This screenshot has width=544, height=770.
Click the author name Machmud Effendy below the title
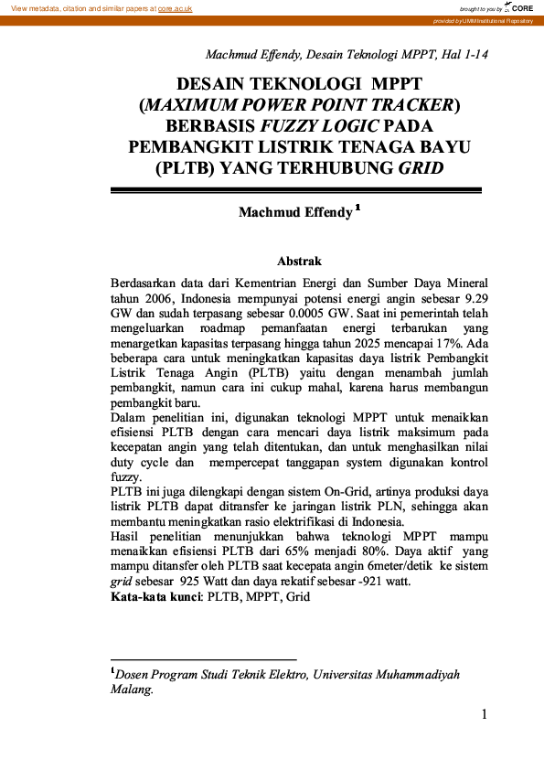(295, 212)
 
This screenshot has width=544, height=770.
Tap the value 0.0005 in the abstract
(282, 313)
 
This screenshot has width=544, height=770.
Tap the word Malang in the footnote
(130, 691)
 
